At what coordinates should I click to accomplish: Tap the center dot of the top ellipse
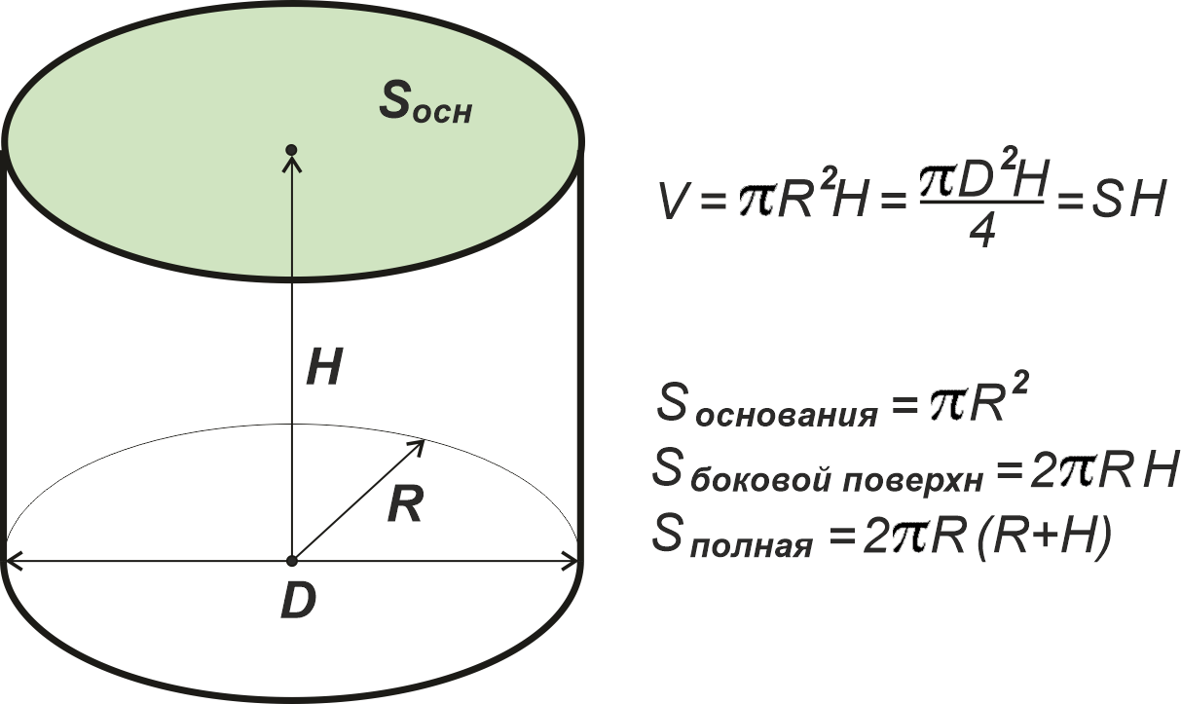pyautogui.click(x=291, y=150)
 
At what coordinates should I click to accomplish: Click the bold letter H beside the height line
pyautogui.click(x=325, y=366)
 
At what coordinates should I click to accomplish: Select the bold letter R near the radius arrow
pyautogui.click(x=405, y=503)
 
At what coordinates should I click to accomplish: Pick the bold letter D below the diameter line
pyautogui.click(x=298, y=600)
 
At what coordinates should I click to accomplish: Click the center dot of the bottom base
pyautogui.click(x=291, y=561)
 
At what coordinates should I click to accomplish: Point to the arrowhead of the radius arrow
pyautogui.click(x=418, y=447)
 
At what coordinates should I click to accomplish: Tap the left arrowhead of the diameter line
pyautogui.click(x=14, y=561)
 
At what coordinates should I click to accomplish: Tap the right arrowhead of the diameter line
pyautogui.click(x=571, y=561)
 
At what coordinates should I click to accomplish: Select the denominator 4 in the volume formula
pyautogui.click(x=981, y=232)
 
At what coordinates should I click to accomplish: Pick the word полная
pyautogui.click(x=751, y=545)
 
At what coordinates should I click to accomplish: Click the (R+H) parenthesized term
pyautogui.click(x=1044, y=535)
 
